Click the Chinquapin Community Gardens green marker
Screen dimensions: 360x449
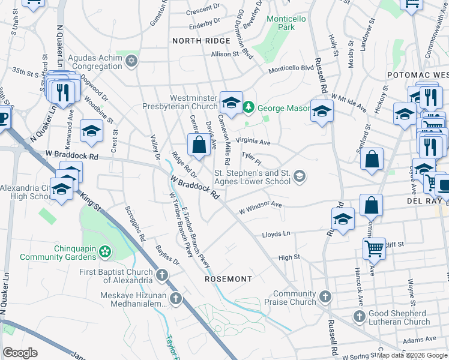pos(105,250)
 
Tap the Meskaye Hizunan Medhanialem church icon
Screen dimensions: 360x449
pos(175,298)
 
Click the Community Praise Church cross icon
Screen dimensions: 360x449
pos(325,296)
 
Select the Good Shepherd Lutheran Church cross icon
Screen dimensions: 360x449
pos(359,316)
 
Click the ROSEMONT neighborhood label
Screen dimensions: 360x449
pos(229,279)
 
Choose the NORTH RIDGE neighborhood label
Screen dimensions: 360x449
pos(201,40)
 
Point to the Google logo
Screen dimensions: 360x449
pos(20,353)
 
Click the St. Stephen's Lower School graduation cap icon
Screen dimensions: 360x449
pos(300,176)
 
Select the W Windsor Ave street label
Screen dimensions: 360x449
pos(260,208)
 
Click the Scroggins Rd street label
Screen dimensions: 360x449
pos(135,223)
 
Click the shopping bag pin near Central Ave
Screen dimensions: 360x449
pos(199,145)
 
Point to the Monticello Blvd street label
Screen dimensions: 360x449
pos(291,68)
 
